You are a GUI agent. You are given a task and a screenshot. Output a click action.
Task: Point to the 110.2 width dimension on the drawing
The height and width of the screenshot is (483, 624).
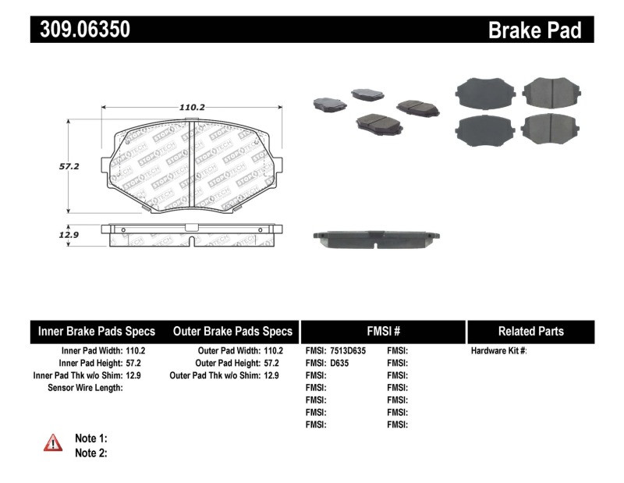(191, 107)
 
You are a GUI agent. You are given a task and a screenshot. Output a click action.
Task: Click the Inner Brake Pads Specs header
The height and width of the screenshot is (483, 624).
(97, 331)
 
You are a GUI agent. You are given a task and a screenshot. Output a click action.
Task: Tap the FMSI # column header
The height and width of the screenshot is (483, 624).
(382, 331)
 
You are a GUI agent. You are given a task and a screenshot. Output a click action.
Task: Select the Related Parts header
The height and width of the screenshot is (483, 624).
(530, 331)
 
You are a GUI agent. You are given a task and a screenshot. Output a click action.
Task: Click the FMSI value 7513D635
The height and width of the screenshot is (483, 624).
(347, 351)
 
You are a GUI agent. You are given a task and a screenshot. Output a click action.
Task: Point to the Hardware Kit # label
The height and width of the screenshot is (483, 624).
(498, 351)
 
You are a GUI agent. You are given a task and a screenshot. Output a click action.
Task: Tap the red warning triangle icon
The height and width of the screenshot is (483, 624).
(53, 443)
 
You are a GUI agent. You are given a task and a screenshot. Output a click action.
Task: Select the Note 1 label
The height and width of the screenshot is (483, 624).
(90, 439)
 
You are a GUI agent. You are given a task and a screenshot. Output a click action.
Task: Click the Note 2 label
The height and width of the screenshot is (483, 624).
(90, 453)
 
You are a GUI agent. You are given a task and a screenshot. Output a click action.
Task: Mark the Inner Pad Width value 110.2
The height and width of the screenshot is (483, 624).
(135, 351)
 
